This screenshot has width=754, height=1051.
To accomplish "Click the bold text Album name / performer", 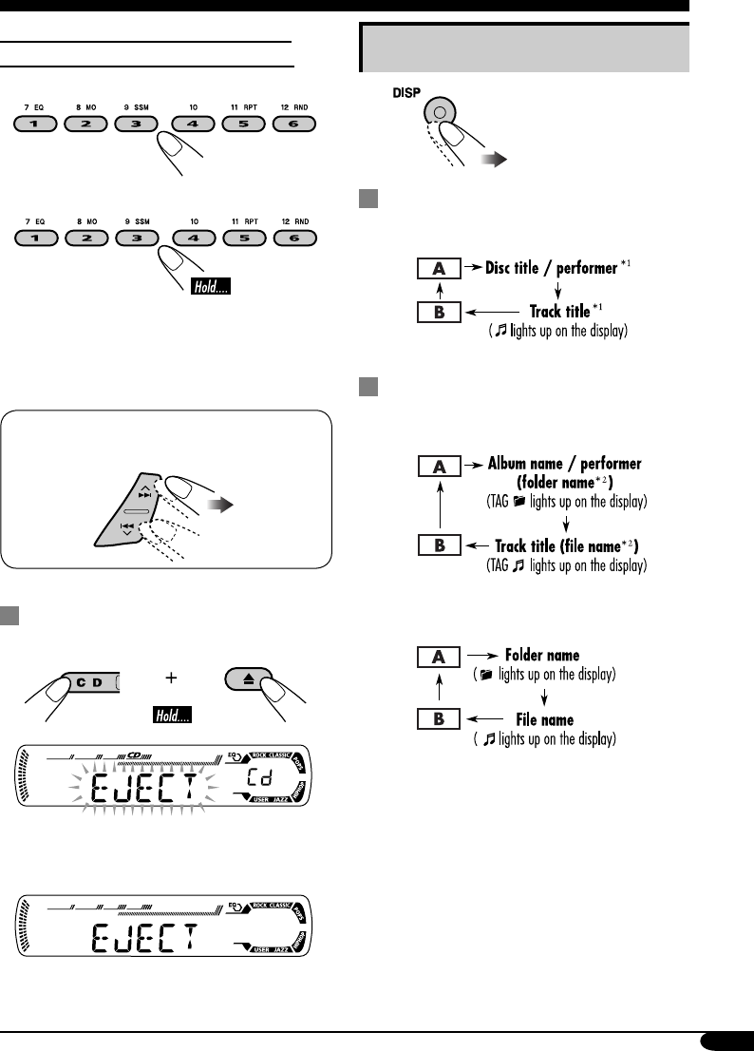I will pos(565,464).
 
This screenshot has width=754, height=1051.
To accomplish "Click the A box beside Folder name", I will pos(437,656).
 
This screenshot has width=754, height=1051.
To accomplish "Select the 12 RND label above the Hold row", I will pos(292,220).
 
